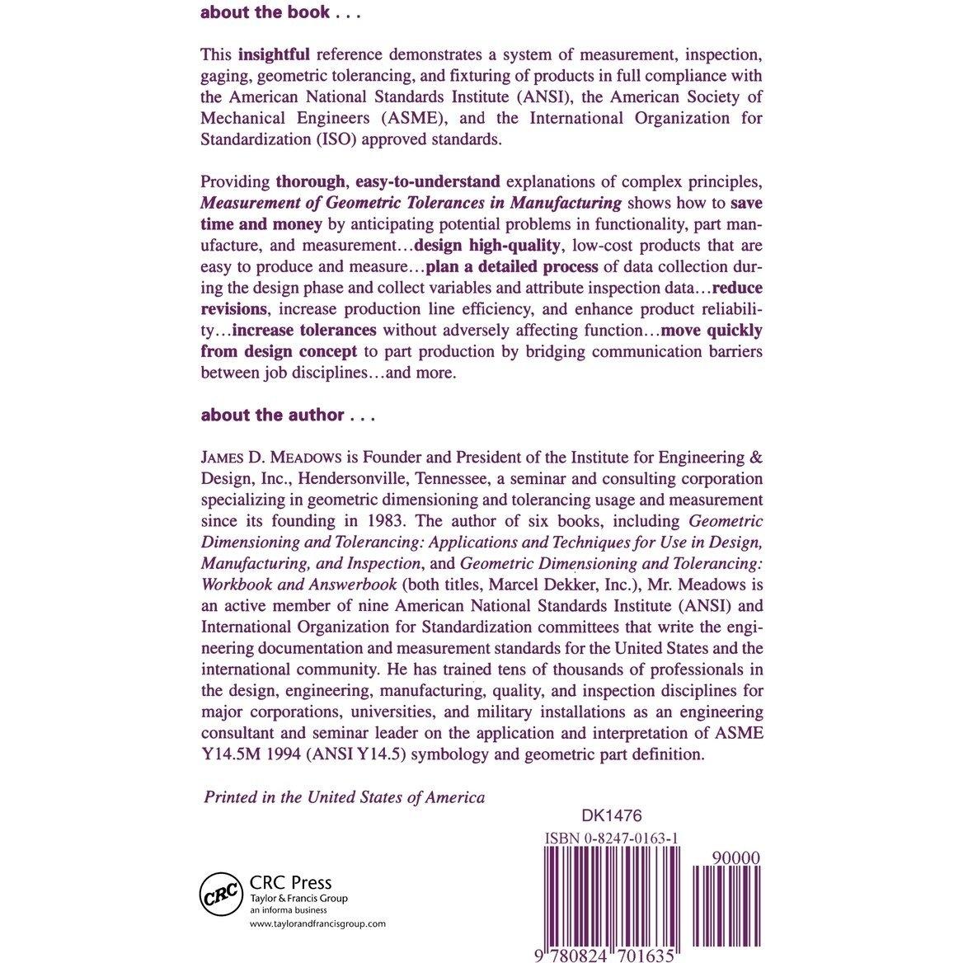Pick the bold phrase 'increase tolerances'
[304, 331]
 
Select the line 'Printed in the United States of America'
[344, 797]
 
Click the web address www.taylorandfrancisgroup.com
[317, 925]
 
